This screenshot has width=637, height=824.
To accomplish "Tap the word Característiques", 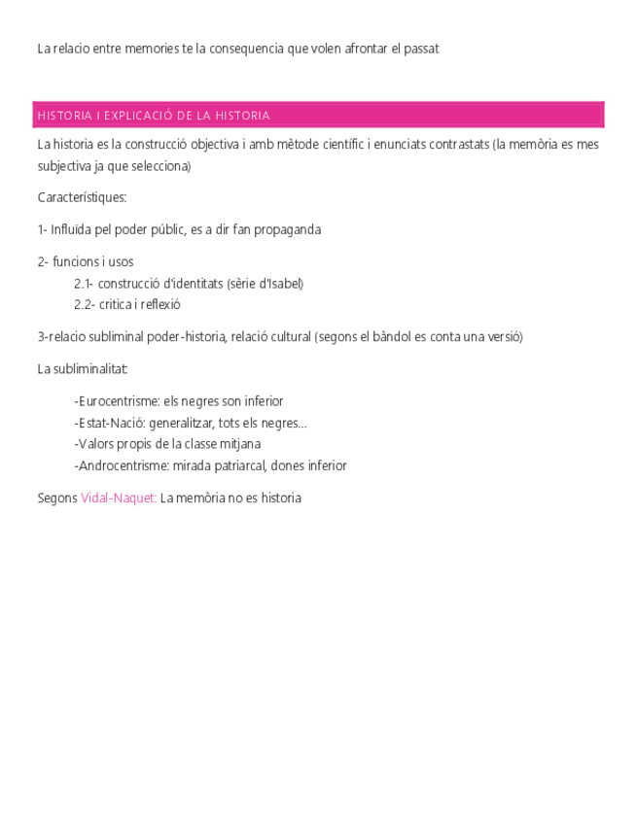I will point(82,198).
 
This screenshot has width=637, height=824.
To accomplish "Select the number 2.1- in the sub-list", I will point(84,284).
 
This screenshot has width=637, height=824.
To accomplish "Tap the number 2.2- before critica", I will point(84,305).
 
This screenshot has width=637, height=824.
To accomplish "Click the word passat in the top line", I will point(422,49).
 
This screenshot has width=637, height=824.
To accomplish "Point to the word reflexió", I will point(160,305).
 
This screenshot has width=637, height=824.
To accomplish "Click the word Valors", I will point(94,445).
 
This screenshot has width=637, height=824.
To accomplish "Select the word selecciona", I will point(160,166).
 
